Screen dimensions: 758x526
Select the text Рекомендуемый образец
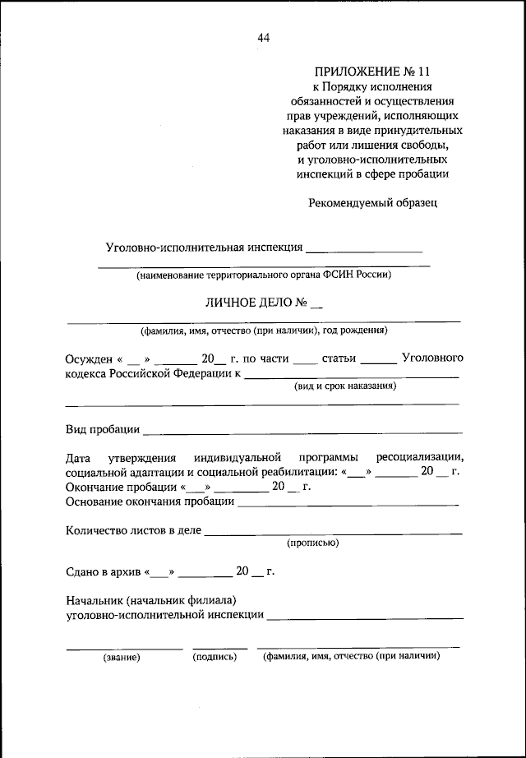[373, 202]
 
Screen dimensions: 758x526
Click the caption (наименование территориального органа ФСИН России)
[264, 275]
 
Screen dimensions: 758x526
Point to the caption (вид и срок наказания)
[345, 385]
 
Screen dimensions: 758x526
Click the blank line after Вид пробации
[302, 432]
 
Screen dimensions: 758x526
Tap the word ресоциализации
[421, 457]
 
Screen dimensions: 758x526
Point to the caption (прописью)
[312, 543]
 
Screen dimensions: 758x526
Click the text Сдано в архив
[104, 571]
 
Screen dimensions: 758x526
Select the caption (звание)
[122, 657]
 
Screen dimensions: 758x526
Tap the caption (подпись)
[215, 657]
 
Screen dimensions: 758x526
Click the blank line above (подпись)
[219, 648]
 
